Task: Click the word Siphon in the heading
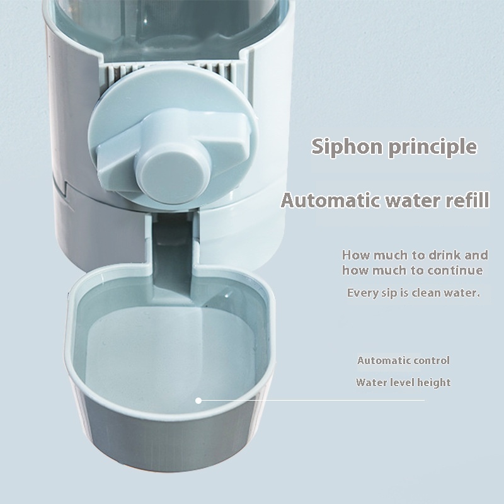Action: coord(347,147)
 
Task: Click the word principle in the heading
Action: coord(433,147)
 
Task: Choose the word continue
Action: coord(455,270)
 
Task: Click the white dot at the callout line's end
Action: coord(198,401)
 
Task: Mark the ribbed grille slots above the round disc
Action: coord(170,71)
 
